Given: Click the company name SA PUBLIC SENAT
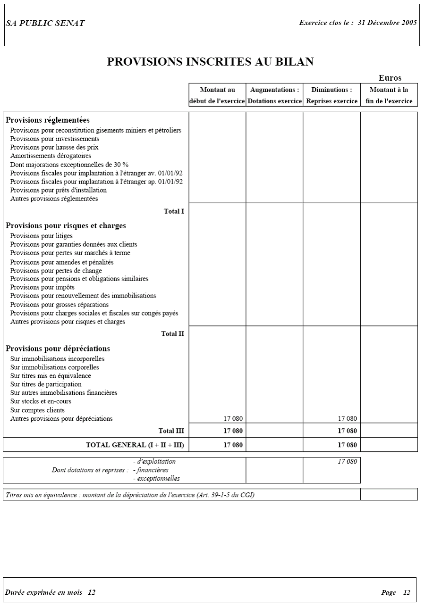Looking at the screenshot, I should coord(45,24).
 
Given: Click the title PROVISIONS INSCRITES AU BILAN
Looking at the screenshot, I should coord(210,62).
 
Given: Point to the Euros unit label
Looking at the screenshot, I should coord(390,78).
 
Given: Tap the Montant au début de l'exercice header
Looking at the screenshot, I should coord(217,95).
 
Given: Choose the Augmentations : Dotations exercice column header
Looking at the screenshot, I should coord(274,95).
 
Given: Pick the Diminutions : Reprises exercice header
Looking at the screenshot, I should coord(331,95).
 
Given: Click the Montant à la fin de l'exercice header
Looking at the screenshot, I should coord(389,95).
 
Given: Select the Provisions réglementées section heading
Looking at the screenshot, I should coord(48,120).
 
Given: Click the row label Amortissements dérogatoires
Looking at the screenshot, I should coord(51,156).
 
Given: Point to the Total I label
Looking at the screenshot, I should coord(174,211).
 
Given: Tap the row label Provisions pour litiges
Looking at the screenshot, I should coord(42,236).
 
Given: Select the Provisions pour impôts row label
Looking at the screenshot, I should coord(42,287).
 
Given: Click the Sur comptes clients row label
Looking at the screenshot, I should coord(38,410).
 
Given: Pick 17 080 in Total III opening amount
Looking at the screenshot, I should coord(233,431).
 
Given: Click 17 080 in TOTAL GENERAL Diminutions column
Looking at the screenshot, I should coord(348,445).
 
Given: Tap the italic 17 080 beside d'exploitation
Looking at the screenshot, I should coord(348,462).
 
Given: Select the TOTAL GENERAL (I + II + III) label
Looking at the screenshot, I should coord(135,445).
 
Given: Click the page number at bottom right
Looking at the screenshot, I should coord(407,593).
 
